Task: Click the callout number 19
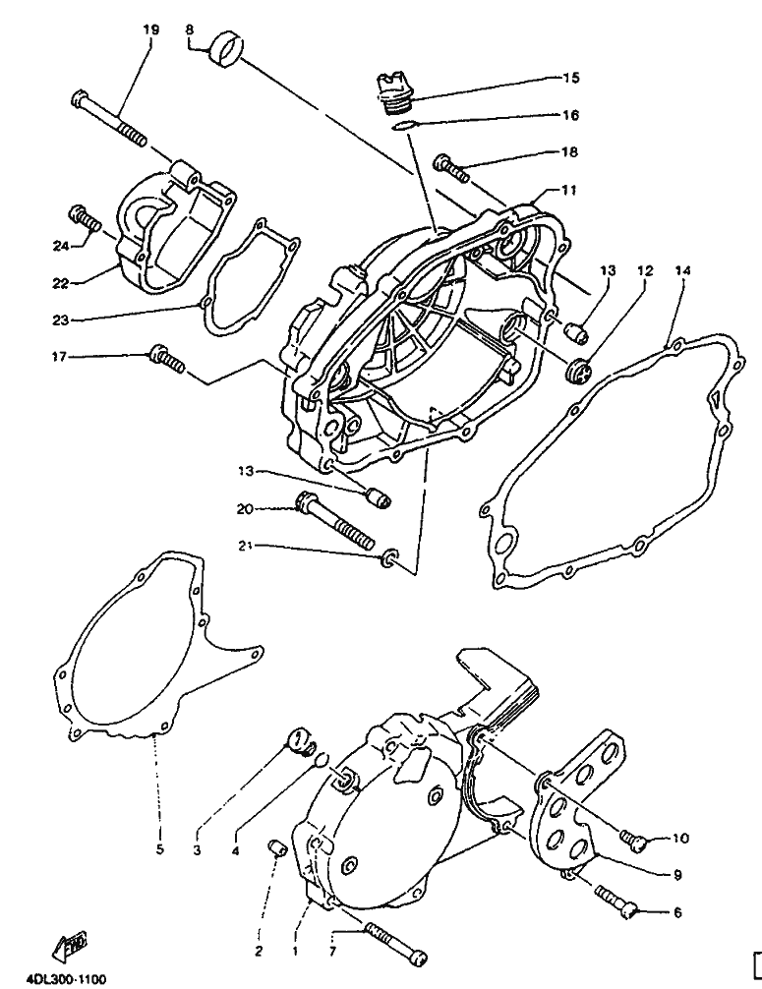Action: [x=150, y=29]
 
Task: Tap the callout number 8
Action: [x=190, y=29]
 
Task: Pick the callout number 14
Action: [x=682, y=271]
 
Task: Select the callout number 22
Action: [x=61, y=284]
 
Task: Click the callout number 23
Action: [x=61, y=320]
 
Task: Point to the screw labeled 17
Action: [x=167, y=358]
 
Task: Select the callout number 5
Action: [x=159, y=849]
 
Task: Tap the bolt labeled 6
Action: [x=616, y=900]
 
